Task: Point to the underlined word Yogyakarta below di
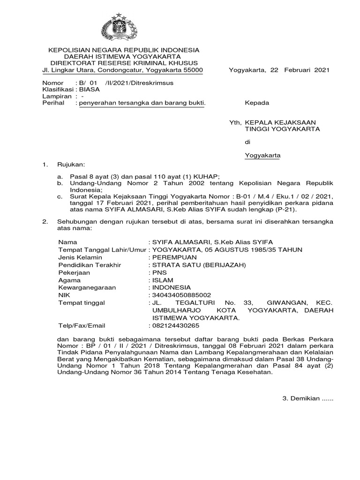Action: (262, 155)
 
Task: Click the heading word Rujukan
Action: (70, 165)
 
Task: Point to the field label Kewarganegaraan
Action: (87, 287)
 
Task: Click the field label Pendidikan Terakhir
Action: (90, 264)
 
